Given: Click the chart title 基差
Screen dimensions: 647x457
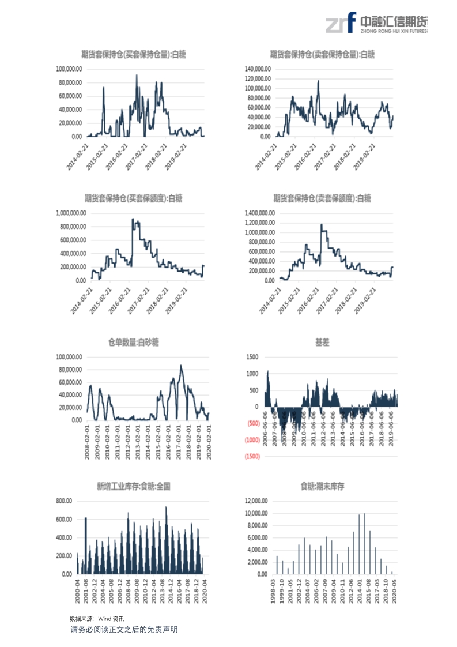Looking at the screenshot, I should [x=322, y=343].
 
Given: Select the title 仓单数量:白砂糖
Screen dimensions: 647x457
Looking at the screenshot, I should [x=134, y=343].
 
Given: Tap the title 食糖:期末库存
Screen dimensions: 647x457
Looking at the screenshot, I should [x=322, y=486].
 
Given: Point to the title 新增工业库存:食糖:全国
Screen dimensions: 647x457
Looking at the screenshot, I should [x=134, y=486].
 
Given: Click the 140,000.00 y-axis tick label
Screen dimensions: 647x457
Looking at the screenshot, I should [x=258, y=69].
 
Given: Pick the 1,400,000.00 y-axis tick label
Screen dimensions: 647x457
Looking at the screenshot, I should [x=256, y=213].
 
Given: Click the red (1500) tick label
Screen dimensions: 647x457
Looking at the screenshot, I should [x=252, y=457].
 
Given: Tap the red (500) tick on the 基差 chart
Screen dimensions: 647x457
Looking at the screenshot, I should [x=253, y=423].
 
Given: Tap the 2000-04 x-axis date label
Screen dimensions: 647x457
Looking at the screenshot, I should [x=77, y=590].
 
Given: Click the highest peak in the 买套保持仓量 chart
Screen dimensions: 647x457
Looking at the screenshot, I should [x=137, y=75].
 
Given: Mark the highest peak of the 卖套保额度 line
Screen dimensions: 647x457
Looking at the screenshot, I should [x=321, y=224].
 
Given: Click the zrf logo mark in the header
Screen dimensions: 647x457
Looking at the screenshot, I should [x=339, y=23].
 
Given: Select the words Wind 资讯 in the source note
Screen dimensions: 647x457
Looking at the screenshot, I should [x=107, y=618].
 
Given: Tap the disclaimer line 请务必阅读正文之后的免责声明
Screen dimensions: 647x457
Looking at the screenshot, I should [x=124, y=629].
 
